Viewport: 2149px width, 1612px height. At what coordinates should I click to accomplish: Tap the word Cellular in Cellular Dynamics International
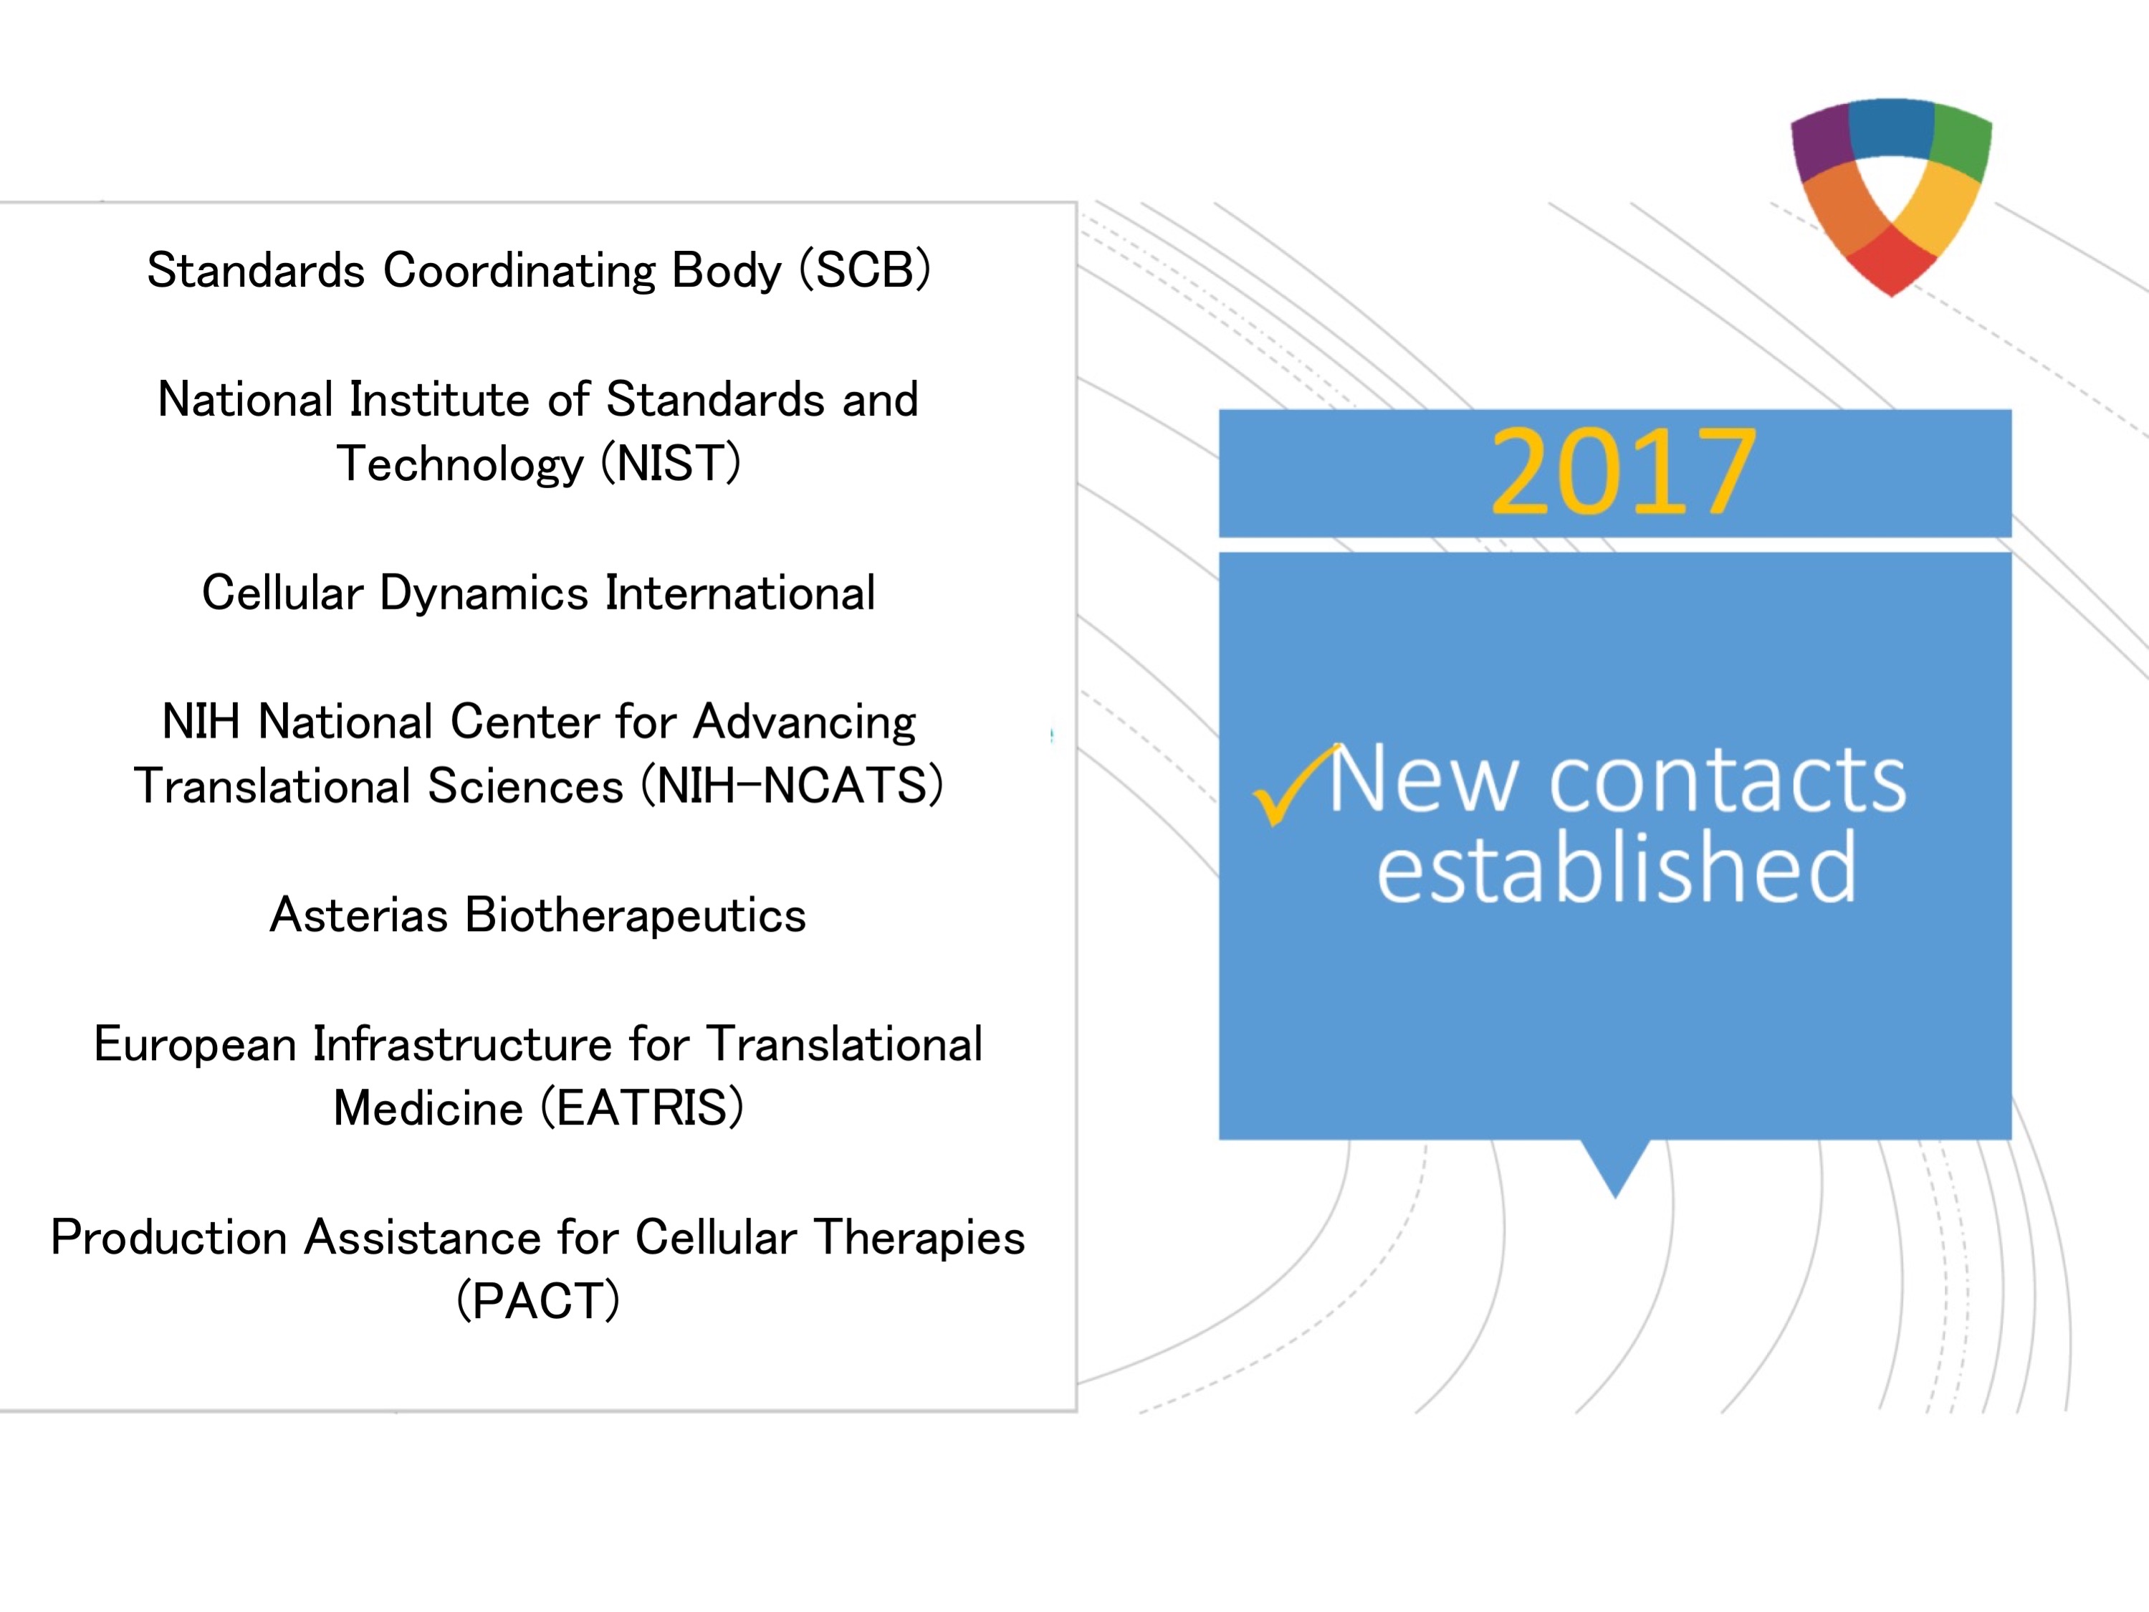click(282, 592)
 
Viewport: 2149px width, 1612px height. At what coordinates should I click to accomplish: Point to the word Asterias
click(358, 915)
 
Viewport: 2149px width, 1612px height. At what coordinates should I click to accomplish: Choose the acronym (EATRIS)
click(642, 1107)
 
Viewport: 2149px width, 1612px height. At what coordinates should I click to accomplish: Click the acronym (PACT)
click(538, 1301)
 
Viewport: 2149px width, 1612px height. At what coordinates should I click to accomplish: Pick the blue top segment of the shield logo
click(1892, 126)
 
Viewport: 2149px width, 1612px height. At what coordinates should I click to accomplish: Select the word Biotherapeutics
click(636, 915)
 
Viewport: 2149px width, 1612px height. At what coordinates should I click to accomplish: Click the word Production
click(169, 1237)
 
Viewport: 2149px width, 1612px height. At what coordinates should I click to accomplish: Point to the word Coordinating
click(520, 270)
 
